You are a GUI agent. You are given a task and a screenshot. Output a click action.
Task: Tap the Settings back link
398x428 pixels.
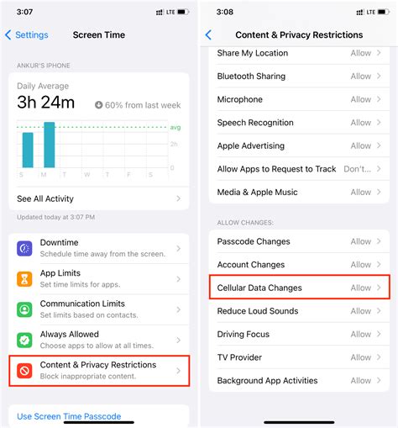click(27, 35)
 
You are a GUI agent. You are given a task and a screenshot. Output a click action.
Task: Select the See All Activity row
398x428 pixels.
click(45, 199)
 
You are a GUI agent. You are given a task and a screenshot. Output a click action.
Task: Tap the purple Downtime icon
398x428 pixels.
click(25, 249)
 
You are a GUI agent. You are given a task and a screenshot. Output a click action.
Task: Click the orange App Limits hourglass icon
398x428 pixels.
click(25, 277)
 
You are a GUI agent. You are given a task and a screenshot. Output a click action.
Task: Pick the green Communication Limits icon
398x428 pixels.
click(25, 309)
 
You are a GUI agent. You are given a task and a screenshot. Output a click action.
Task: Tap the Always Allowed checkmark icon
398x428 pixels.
click(25, 340)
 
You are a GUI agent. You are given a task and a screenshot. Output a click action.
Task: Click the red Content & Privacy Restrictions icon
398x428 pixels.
click(25, 370)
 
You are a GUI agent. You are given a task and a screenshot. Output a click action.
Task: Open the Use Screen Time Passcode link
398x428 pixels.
click(69, 416)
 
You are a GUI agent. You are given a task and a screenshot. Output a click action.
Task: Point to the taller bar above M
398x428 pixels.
click(50, 145)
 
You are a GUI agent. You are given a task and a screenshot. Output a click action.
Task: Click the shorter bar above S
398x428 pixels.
click(28, 150)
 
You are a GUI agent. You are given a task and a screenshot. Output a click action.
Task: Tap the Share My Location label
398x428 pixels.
click(252, 53)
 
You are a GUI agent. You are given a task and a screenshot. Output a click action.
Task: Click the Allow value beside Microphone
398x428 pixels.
click(361, 99)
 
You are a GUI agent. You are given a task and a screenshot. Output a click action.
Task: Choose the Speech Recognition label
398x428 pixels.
click(256, 123)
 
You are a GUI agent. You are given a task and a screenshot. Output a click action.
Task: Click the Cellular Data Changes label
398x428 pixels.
click(259, 288)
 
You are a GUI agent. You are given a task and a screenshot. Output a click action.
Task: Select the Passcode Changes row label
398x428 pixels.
click(254, 241)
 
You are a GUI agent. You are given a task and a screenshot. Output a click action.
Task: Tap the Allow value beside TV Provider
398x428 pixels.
click(361, 357)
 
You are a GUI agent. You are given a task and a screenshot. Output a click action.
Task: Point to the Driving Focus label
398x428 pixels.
click(244, 334)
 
